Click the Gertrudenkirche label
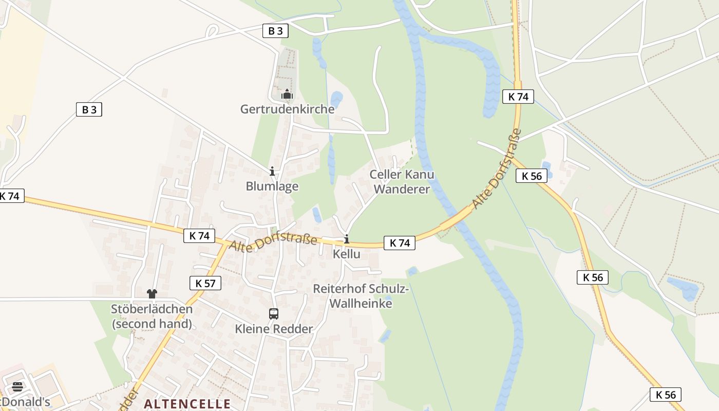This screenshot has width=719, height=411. tap(287, 109)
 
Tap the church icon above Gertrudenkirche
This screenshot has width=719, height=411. tap(287, 94)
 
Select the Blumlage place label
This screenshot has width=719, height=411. tap(272, 186)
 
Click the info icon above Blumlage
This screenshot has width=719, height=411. tap(272, 171)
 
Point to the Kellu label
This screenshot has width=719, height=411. tap(346, 254)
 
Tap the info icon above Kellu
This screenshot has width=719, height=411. tap(347, 239)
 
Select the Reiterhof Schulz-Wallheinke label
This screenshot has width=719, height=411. tap(361, 296)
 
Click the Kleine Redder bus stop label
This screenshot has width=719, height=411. tap(274, 329)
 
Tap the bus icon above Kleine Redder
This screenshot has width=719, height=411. tap(274, 313)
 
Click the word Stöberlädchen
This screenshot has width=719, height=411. tap(152, 309)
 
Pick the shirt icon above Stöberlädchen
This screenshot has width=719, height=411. tap(152, 294)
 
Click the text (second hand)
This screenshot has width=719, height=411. tap(152, 324)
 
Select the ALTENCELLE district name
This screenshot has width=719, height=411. tap(187, 403)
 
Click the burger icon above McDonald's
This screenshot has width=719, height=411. tap(17, 386)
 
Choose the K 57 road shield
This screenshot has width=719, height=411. tap(205, 283)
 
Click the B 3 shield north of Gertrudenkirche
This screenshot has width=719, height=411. tap(275, 31)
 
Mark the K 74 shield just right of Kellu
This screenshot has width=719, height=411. tap(399, 243)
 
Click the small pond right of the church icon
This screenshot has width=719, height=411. tap(336, 98)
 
